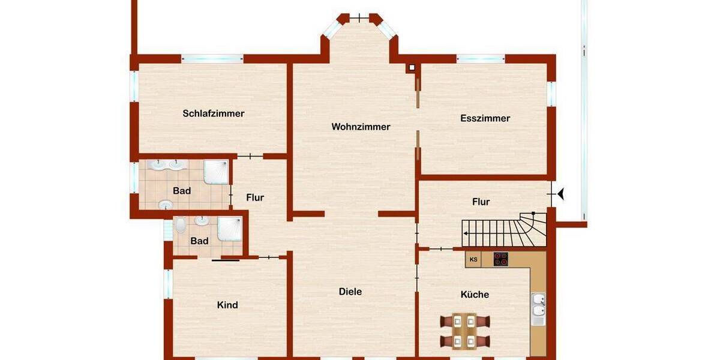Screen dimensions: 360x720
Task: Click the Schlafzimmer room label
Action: click(x=214, y=113)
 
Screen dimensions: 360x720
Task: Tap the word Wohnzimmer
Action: click(x=361, y=127)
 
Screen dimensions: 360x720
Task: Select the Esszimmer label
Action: click(x=485, y=118)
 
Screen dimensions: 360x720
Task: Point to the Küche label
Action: click(x=475, y=295)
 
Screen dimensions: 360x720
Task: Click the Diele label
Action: click(x=350, y=292)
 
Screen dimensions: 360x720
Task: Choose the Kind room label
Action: click(x=227, y=305)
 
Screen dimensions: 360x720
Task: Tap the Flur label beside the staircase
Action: click(x=481, y=202)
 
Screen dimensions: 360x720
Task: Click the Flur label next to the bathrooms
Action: click(x=255, y=197)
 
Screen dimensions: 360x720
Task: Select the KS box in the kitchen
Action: click(x=473, y=259)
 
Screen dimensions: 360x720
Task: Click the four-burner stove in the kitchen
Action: click(x=500, y=259)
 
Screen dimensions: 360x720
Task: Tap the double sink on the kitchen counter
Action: click(x=538, y=305)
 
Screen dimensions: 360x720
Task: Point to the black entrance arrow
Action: click(x=561, y=194)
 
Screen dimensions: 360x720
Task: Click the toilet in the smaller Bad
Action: click(x=181, y=225)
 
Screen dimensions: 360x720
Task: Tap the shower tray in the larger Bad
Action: click(x=216, y=171)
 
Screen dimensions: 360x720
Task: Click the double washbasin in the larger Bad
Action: click(x=169, y=164)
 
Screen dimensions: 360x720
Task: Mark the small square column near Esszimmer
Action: click(x=412, y=68)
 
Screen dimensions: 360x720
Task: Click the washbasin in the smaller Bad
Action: click(x=202, y=221)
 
